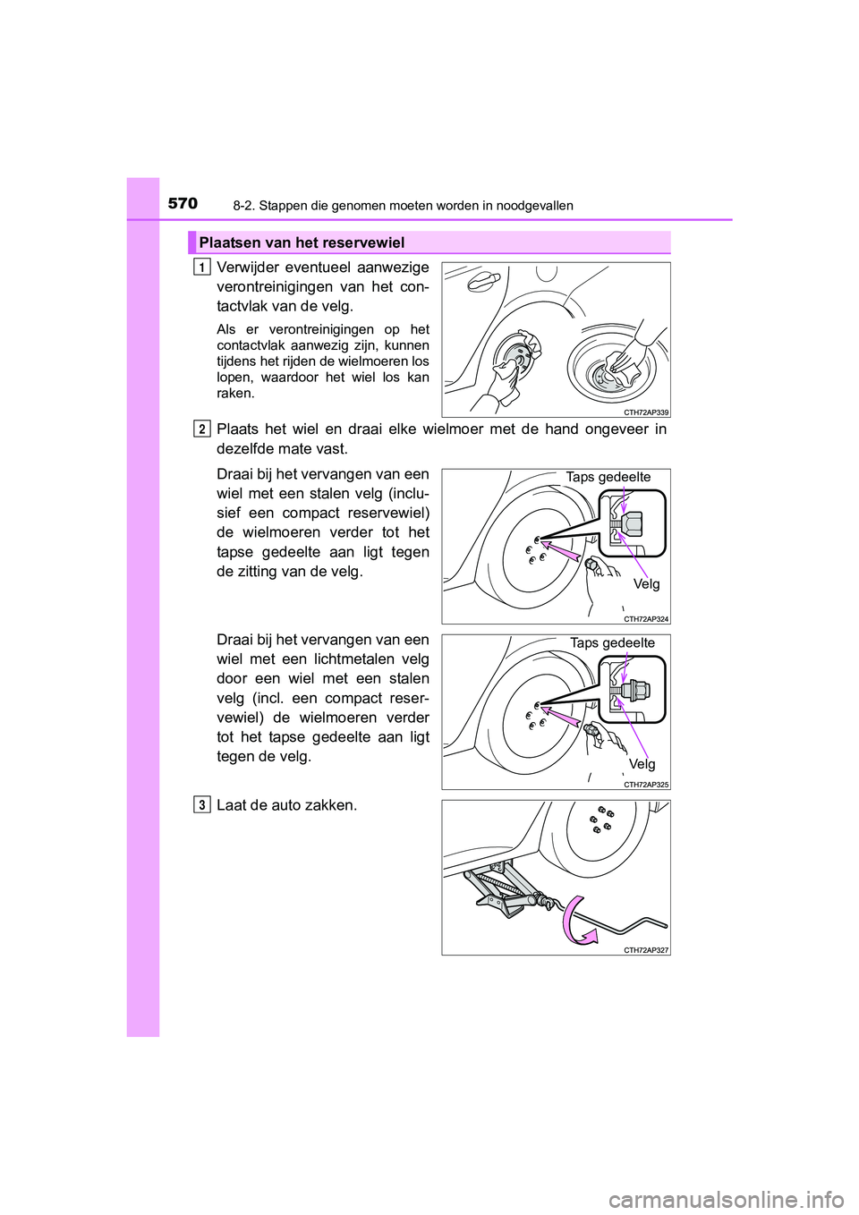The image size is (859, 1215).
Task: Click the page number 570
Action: (183, 203)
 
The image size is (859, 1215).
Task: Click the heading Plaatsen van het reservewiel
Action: (302, 242)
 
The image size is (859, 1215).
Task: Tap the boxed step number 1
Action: (202, 267)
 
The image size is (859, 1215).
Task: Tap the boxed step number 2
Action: (202, 429)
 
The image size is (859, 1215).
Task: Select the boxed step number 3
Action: (202, 804)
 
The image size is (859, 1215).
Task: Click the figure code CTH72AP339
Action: (646, 412)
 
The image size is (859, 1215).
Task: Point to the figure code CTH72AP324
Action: (646, 619)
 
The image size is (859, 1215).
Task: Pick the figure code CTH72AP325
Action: (646, 785)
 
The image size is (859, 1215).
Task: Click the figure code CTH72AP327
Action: (646, 950)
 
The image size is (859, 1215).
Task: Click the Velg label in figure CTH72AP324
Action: (646, 584)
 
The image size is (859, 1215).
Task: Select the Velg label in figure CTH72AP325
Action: (642, 764)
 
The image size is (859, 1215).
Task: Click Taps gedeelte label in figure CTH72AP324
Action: (608, 477)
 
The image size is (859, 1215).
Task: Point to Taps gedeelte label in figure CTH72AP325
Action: (612, 642)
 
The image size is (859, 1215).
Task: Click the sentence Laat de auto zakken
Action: (286, 804)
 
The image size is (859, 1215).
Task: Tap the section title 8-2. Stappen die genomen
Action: (403, 206)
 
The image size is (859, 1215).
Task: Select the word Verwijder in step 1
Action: (247, 267)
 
